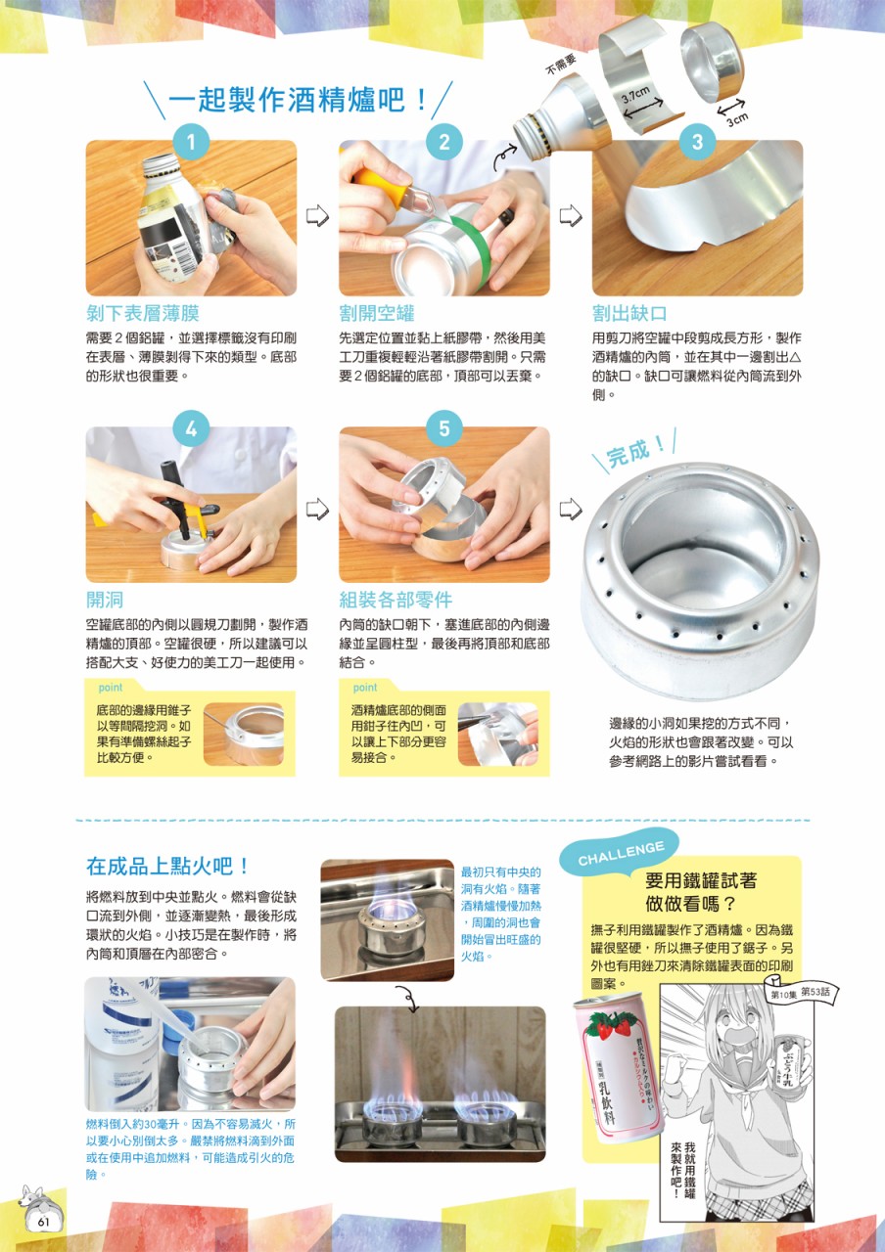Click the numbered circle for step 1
click(191, 142)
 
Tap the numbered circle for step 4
click(191, 428)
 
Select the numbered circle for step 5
click(444, 428)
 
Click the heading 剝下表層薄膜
click(143, 313)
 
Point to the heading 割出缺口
click(629, 313)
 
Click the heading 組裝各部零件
click(396, 600)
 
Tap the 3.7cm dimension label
click(636, 96)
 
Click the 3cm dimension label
click(738, 119)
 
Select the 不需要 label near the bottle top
click(561, 65)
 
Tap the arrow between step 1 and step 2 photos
click(317, 215)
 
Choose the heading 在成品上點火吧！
click(167, 867)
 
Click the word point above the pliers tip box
click(365, 687)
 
